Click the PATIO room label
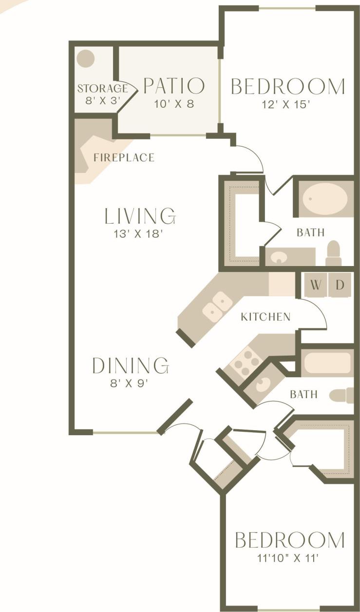tap(174, 86)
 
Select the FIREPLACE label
tap(124, 157)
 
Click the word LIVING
tap(140, 215)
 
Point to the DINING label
tap(131, 365)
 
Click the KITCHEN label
tap(265, 317)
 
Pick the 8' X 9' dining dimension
tap(129, 383)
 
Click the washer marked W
tap(316, 285)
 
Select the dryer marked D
tap(340, 285)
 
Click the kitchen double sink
tap(218, 307)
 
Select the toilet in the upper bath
tap(333, 253)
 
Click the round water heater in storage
tap(87, 59)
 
